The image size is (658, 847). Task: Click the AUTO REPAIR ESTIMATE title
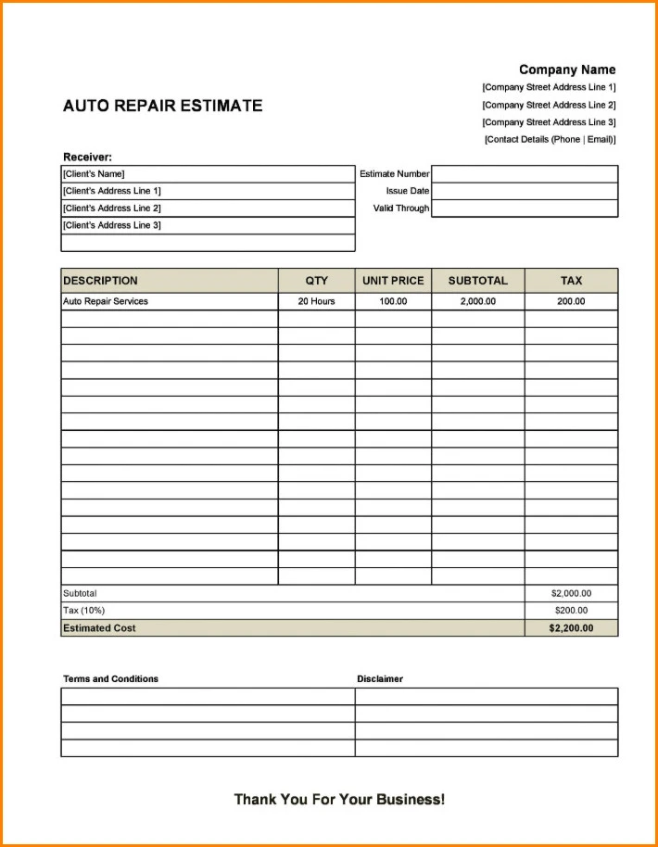click(162, 106)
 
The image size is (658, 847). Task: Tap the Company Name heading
click(566, 70)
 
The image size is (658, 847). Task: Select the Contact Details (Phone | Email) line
click(550, 140)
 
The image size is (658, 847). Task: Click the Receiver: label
click(87, 158)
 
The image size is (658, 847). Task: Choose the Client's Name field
click(208, 174)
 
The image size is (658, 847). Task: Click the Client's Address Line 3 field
click(208, 225)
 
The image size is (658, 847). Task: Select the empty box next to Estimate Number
click(525, 174)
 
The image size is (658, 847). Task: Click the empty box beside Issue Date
click(525, 191)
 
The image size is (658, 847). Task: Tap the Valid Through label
click(401, 209)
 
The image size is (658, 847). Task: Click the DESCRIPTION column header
click(100, 281)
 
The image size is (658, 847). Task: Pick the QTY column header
click(316, 281)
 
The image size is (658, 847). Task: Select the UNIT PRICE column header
click(393, 281)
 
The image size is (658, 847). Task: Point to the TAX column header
click(571, 281)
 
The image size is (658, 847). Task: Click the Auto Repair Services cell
click(106, 301)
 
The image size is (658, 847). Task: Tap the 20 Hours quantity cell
click(316, 301)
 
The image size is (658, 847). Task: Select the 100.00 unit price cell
click(393, 301)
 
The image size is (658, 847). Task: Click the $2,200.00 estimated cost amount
click(571, 628)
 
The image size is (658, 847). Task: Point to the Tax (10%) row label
click(83, 611)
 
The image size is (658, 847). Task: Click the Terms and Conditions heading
click(110, 679)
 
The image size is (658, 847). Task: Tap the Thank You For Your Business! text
click(339, 799)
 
